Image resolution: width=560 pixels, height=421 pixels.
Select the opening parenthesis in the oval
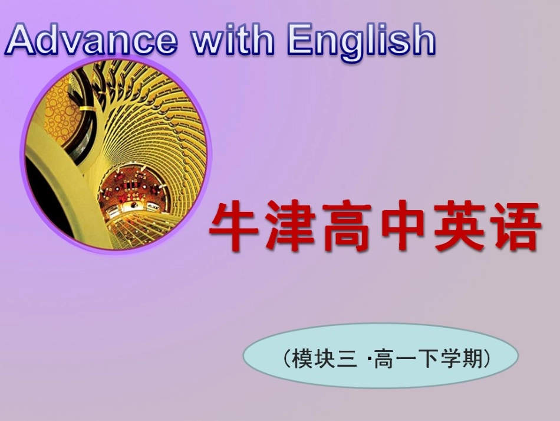[286, 358]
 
